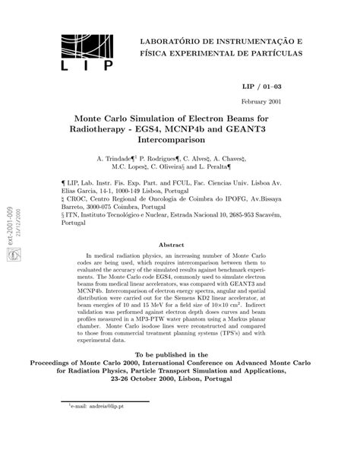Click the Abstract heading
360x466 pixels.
pos(180,245)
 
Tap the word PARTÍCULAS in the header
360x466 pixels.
pos(270,55)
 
